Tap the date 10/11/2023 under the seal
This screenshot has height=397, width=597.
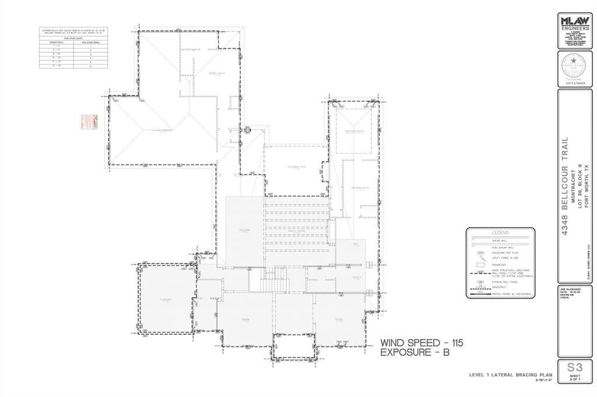[575, 84]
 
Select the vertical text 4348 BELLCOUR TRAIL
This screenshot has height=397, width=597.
[564, 186]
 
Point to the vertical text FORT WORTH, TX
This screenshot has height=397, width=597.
[587, 186]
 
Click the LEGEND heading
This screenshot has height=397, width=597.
[500, 232]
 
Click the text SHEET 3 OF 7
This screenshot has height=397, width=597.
[575, 379]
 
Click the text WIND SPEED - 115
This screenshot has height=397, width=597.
[422, 343]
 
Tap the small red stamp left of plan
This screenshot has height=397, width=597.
[87, 122]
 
